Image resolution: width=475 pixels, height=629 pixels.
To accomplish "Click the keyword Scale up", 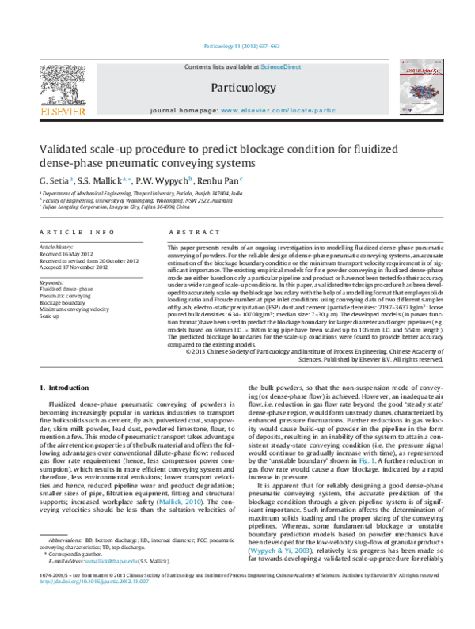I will click(x=49, y=316).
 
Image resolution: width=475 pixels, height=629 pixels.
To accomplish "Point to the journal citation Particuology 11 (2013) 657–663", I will click(x=237, y=48).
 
